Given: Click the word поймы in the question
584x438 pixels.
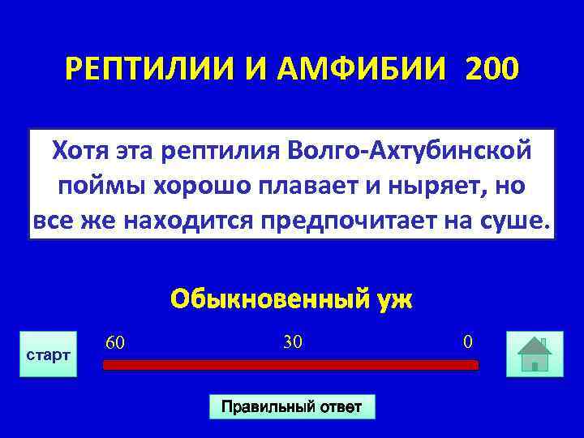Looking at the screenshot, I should coord(92,185).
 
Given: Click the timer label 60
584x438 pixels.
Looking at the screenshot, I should coord(114,344).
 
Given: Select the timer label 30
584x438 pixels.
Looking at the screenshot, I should coord(293,342).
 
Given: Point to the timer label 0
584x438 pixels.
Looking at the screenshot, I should coord(467,342).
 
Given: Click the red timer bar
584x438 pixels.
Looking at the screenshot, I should coord(291,365).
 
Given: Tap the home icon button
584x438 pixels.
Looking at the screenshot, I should coord(535,354).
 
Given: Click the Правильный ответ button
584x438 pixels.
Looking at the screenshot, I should coord(292,406).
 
